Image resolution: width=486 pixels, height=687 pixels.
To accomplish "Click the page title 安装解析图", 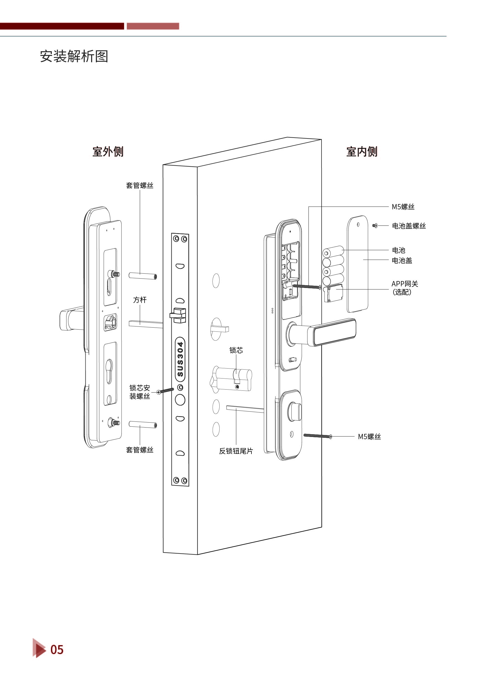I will (x=74, y=56).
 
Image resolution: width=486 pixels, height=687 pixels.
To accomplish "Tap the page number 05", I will (x=57, y=650).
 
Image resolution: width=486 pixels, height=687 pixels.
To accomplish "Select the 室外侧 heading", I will (x=108, y=151).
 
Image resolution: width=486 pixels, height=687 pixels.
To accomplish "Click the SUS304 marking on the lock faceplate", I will (x=180, y=359).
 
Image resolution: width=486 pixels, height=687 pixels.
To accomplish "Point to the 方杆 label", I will (x=140, y=300).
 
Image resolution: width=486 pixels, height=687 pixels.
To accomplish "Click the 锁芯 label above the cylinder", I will (x=236, y=350).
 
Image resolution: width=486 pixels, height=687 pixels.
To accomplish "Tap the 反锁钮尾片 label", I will (x=236, y=451).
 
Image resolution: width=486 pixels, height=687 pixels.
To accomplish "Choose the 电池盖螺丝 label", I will (x=409, y=226).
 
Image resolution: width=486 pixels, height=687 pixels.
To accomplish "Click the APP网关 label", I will (x=405, y=284).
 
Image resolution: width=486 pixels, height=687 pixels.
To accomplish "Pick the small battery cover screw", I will (x=375, y=226).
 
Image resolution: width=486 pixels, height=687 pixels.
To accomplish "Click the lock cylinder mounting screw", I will (x=166, y=391).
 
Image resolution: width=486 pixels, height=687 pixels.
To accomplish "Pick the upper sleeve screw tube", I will (x=143, y=276).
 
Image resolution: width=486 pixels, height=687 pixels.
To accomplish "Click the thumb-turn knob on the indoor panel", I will (x=294, y=411).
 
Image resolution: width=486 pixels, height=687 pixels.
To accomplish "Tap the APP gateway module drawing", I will (x=333, y=294).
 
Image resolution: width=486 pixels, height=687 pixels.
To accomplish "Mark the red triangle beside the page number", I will (x=38, y=648).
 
